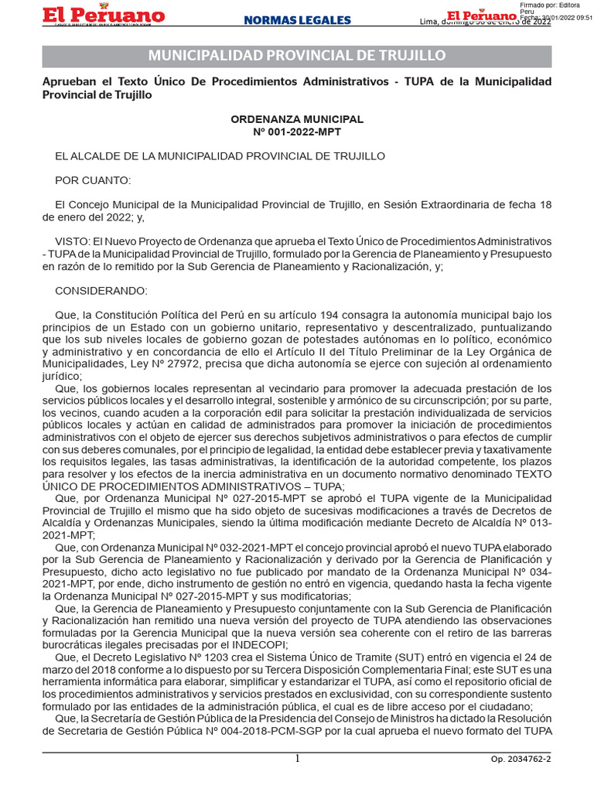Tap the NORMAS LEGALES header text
297,21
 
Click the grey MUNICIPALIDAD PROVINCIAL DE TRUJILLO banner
297,56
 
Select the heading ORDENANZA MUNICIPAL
297,119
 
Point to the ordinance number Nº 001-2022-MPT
297,131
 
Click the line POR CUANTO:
93,180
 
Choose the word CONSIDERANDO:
100,290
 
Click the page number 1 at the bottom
297,759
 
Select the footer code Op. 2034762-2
521,760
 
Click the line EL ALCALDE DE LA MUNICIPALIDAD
220,155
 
